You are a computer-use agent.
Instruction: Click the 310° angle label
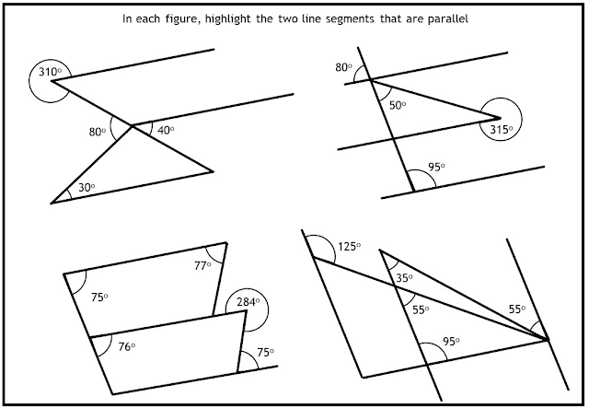(x=43, y=72)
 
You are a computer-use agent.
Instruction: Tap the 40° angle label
(x=167, y=131)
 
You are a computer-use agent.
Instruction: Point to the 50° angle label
(x=398, y=106)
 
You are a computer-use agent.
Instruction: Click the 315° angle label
(x=502, y=129)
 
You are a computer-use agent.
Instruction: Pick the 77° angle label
(x=202, y=265)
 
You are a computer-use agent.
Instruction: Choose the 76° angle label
(x=127, y=346)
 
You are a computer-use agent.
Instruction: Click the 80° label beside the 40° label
(x=97, y=131)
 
